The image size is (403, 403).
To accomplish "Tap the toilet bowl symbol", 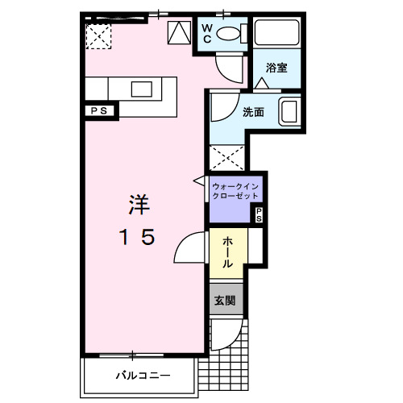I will [231, 33].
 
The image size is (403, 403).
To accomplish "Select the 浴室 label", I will [277, 68].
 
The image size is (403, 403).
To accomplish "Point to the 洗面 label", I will [253, 112].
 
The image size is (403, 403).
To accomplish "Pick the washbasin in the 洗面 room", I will [289, 110].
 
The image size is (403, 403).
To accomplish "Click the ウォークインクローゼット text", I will [235, 191].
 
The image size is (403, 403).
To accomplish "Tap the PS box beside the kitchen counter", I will [99, 110].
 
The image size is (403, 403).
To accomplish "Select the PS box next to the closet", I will [259, 214].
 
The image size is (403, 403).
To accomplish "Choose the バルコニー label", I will [142, 376].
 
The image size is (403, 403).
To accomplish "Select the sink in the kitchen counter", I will [143, 89].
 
